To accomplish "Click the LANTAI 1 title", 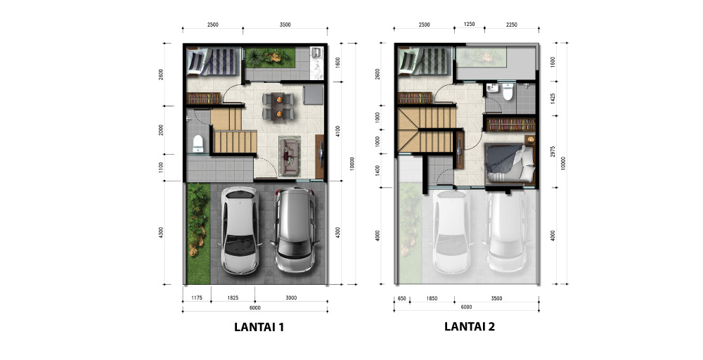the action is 259,327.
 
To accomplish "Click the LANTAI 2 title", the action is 470,326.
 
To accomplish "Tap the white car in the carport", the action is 240,230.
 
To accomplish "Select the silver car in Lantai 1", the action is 295,230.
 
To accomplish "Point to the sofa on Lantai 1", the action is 290,155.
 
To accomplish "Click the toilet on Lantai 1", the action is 198,144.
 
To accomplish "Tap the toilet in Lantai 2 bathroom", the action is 508,92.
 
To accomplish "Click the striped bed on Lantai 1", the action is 212,62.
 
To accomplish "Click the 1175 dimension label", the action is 197,298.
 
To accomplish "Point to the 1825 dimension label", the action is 233,298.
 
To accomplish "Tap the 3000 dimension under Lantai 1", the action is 291,298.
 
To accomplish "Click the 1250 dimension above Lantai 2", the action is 470,25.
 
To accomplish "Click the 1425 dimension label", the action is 553,99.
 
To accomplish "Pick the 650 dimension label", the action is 401,298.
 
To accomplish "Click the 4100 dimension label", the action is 338,131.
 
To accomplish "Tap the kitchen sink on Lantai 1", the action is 317,53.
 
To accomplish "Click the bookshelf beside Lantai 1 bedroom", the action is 203,98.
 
